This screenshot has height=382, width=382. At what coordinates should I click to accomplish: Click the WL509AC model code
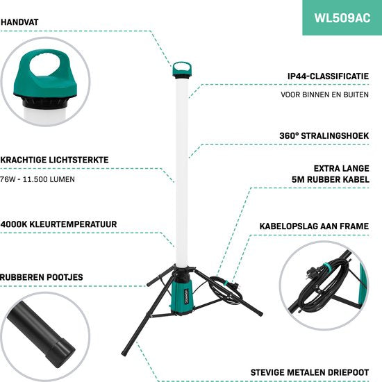[x=340, y=18]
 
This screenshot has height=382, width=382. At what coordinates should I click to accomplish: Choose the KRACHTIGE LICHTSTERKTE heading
[x=55, y=160]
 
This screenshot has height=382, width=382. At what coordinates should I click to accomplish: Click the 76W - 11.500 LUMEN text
[x=38, y=178]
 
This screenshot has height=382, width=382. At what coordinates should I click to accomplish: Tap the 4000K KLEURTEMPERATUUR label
[x=58, y=224]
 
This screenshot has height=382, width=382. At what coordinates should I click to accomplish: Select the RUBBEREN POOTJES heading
[x=42, y=277]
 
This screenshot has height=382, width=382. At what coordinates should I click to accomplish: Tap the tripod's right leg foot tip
[x=260, y=313]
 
